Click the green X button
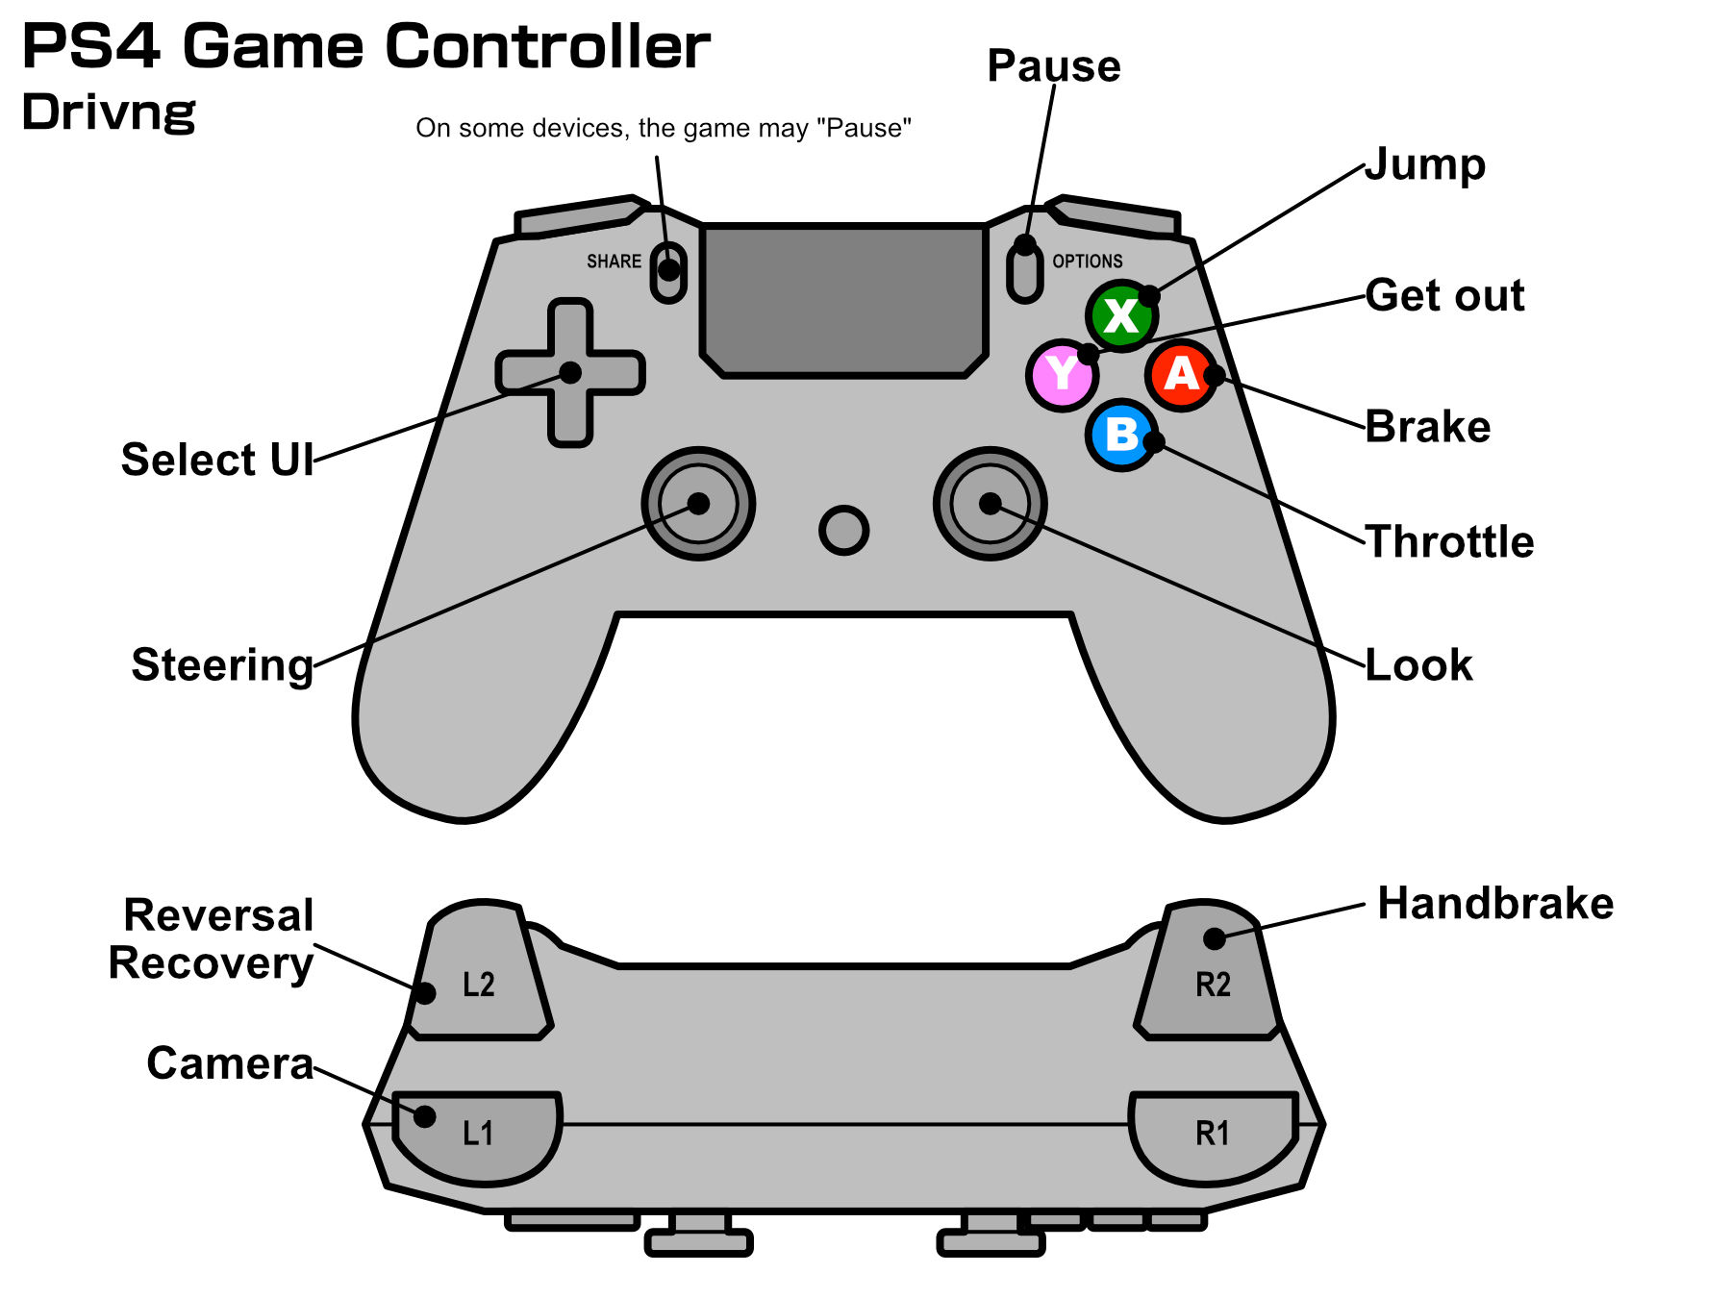pos(1121,315)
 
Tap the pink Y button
pos(1062,374)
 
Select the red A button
pos(1181,374)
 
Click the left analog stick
pos(698,503)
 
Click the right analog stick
pos(990,503)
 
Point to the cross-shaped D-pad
pos(570,373)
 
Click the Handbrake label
pos(1494,904)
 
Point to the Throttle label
pos(1449,542)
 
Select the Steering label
pos(222,665)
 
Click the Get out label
pos(1444,295)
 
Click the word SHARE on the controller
pos(614,262)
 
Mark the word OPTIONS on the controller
pos(1087,262)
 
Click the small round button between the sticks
pos(843,530)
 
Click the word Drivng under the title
pos(109,113)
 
